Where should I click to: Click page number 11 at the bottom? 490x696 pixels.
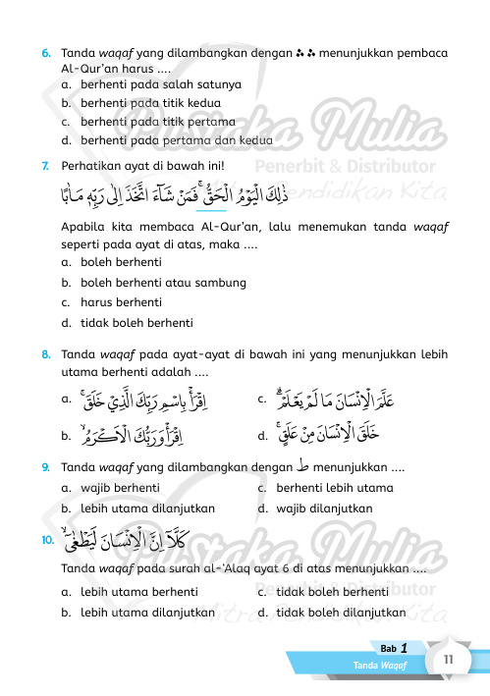coord(447,661)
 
